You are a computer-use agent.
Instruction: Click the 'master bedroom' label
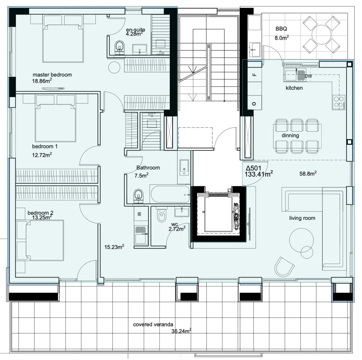[52, 75]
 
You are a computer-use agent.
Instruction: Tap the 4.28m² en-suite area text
[134, 34]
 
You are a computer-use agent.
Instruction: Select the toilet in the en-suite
[119, 47]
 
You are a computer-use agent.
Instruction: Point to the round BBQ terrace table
[321, 34]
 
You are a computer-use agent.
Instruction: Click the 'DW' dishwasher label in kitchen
[308, 76]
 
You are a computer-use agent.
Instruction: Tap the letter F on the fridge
[255, 75]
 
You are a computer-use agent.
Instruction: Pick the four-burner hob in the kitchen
[339, 102]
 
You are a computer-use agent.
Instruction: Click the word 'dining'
[290, 135]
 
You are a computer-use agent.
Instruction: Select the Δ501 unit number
[253, 168]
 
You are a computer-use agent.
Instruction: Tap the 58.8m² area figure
[308, 173]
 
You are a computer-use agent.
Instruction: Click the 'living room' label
[302, 218]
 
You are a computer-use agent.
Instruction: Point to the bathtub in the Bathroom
[170, 194]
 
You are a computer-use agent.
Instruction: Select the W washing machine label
[139, 214]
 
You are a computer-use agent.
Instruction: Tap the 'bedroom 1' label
[45, 146]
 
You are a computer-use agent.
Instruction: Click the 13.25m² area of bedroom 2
[42, 217]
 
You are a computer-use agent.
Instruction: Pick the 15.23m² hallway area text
[114, 247]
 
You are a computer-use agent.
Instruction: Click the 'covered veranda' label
[153, 324]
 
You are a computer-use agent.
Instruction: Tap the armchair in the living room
[284, 267]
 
